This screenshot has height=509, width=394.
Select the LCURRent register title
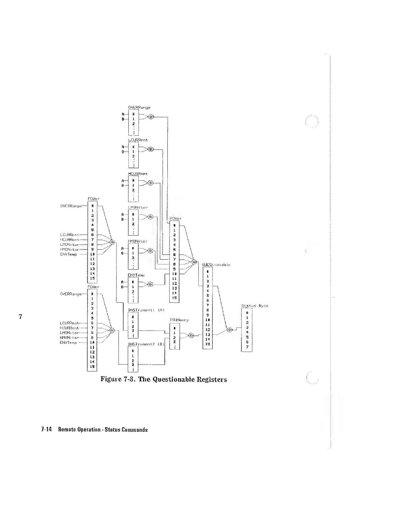pos(138,140)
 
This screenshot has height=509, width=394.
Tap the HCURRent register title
pos(138,174)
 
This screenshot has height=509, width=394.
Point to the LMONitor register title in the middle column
pos(138,208)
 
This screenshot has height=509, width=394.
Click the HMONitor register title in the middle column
pos(138,241)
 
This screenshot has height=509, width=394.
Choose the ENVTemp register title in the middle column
pos(136,275)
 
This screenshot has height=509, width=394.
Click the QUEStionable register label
pos(216,265)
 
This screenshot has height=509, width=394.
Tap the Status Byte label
pos(255,306)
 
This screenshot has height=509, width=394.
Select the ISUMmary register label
pos(179,320)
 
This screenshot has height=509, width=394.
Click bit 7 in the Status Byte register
pos(247,346)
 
